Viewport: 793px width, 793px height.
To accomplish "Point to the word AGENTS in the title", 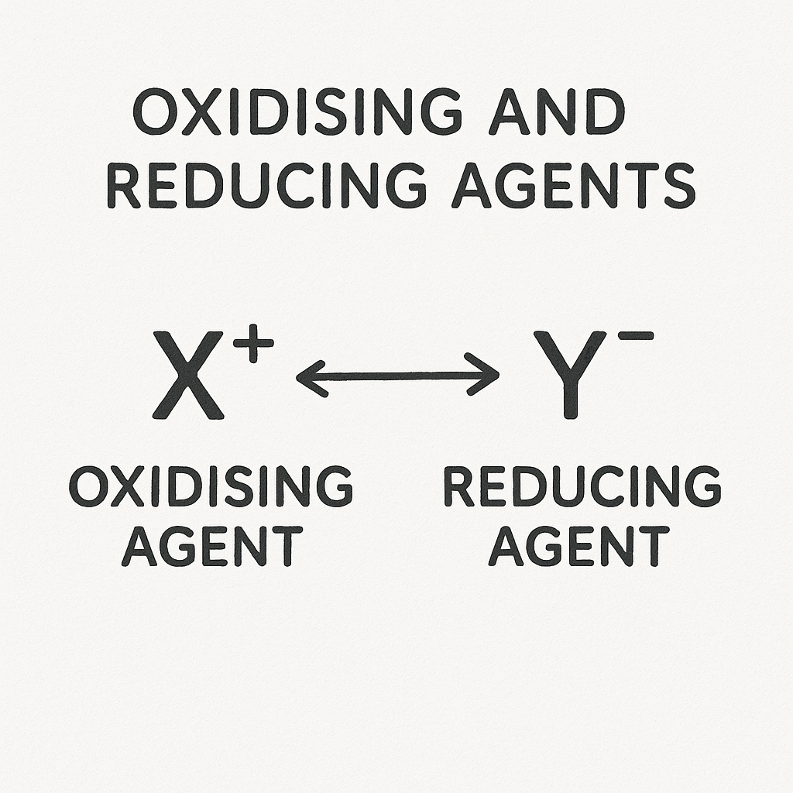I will click(573, 187).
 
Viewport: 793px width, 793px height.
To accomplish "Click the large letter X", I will click(188, 375).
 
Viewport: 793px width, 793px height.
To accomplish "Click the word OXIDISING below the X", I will click(211, 486).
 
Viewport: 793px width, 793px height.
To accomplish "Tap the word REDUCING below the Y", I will click(582, 486).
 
